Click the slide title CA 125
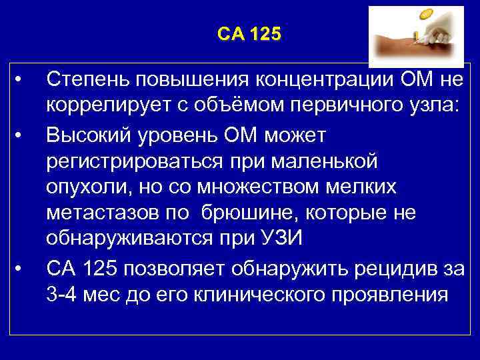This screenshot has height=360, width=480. point(249,34)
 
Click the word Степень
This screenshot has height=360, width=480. point(86,81)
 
